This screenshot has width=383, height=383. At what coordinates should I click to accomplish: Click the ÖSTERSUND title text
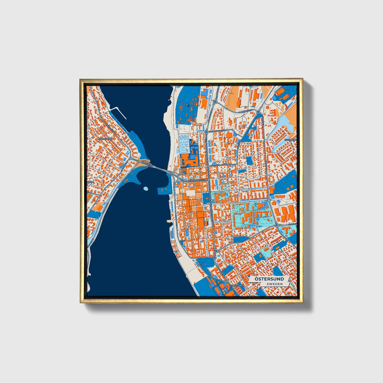click(x=269, y=279)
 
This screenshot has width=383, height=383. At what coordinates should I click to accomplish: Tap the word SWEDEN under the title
click(x=275, y=284)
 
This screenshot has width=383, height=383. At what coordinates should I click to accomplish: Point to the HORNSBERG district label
click(x=105, y=139)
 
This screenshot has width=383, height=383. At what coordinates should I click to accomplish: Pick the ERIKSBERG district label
click(x=290, y=139)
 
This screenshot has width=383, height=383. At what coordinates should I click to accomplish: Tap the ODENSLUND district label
click(x=237, y=286)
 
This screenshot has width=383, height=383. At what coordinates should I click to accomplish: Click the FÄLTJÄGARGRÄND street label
click(x=219, y=165)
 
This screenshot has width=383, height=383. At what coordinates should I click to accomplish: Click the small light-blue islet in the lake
click(x=145, y=189)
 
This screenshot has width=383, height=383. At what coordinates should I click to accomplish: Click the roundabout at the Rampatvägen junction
click(x=258, y=112)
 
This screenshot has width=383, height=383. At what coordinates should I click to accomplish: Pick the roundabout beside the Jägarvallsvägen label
click(x=206, y=131)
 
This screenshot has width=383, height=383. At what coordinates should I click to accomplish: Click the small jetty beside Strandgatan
click(x=168, y=221)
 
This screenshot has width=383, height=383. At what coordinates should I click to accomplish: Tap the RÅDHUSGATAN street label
click(x=212, y=212)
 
